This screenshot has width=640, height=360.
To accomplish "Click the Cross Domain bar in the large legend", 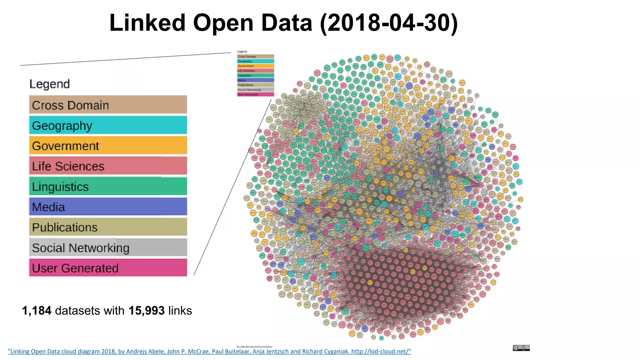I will pyautogui.click(x=108, y=105).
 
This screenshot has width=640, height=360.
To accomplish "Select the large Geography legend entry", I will pyautogui.click(x=108, y=125).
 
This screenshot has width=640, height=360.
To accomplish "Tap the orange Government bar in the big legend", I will pyautogui.click(x=108, y=146).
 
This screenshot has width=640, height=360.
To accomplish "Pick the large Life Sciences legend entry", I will pyautogui.click(x=108, y=166).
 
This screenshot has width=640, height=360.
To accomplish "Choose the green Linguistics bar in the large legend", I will pyautogui.click(x=108, y=186).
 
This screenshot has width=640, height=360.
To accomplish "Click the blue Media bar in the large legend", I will pyautogui.click(x=108, y=207).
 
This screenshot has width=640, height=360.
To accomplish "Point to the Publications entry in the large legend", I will pyautogui.click(x=108, y=227).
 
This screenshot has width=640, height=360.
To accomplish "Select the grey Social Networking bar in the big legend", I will pyautogui.click(x=108, y=247).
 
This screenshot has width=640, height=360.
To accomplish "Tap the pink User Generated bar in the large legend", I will pyautogui.click(x=108, y=268).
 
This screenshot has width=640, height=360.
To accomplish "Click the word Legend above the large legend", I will pyautogui.click(x=49, y=84).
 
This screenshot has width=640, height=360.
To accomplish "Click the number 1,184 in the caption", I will pyautogui.click(x=37, y=311).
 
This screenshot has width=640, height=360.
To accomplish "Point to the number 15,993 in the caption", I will pyautogui.click(x=146, y=311).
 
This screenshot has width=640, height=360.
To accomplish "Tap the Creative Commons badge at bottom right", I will pyautogui.click(x=521, y=348).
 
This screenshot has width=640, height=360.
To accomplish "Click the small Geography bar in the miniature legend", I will pyautogui.click(x=255, y=61).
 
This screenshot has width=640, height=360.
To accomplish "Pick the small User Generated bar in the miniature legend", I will pyautogui.click(x=255, y=94).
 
